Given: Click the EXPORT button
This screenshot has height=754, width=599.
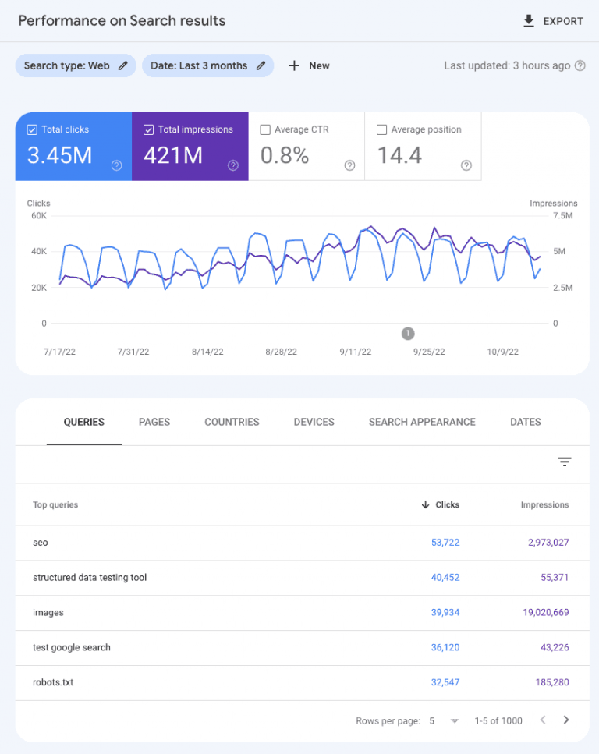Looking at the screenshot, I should (x=553, y=21).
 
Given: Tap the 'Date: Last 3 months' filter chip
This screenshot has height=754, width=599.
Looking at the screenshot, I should (x=207, y=65).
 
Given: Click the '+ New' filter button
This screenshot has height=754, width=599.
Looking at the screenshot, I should (x=310, y=65).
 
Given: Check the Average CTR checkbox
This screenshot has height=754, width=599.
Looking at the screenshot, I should (x=265, y=129).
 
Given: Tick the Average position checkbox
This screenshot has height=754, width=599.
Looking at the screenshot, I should (x=381, y=129).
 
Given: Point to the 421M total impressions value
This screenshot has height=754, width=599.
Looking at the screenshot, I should (x=173, y=155).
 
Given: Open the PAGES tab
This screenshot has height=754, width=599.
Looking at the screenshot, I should (x=154, y=422).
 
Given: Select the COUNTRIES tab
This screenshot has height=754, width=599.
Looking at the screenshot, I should (x=232, y=422).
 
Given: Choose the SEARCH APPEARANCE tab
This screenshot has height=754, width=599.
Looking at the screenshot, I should (x=422, y=422).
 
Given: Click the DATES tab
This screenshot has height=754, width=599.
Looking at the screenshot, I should (x=525, y=422).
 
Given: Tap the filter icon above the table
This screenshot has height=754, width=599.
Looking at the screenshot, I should (x=565, y=462).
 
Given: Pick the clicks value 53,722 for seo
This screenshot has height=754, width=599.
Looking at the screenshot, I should (x=445, y=543).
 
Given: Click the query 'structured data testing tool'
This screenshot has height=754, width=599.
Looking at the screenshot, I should (x=90, y=578).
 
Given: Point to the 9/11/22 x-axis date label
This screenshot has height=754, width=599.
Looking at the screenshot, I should (x=356, y=352).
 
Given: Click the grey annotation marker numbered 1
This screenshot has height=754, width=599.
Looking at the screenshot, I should (x=408, y=334).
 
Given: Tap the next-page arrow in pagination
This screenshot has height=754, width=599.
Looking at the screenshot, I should (x=566, y=720).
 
